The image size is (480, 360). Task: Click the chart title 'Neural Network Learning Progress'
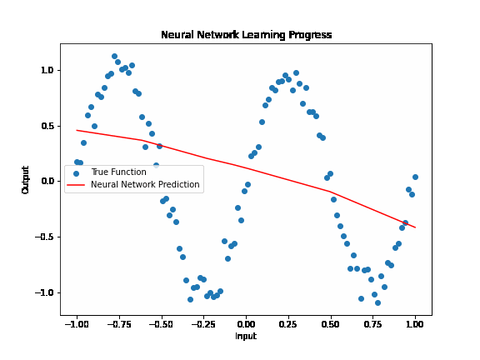point(246,35)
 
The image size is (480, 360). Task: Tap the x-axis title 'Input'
point(246,337)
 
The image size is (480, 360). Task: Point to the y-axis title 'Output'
point(26,180)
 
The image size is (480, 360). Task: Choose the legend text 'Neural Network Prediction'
point(145,185)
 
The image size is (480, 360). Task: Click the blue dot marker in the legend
point(76,173)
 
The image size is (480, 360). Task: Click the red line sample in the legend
point(76,185)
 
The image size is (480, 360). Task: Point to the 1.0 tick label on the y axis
point(47,71)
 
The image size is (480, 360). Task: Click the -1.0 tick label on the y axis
point(44,292)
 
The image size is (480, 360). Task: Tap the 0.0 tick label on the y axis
point(47,182)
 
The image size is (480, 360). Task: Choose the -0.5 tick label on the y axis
point(44,237)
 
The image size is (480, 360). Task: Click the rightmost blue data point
point(415,177)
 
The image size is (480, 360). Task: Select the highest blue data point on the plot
point(114,57)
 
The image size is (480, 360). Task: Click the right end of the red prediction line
point(415,227)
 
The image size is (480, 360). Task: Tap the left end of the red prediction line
point(77,130)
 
